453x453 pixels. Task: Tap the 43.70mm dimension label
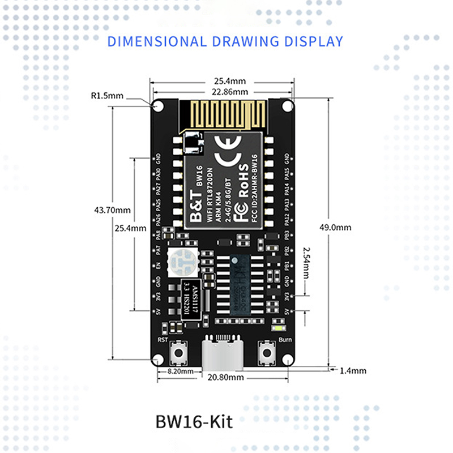pos(112,210)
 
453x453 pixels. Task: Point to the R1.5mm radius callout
pos(107,96)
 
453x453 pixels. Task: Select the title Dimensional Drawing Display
pos(225,41)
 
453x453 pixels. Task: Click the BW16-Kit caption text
pos(193,422)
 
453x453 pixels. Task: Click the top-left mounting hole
pos(159,106)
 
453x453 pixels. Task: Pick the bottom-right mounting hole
pos(288,360)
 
